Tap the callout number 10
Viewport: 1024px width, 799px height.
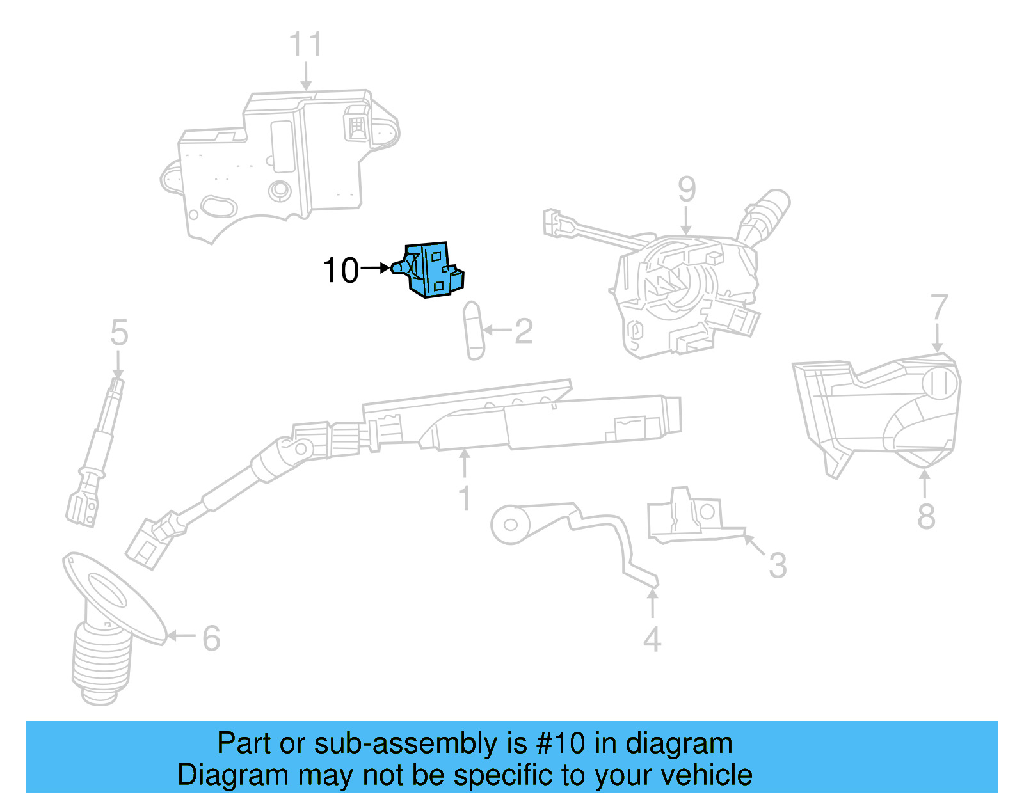click(340, 271)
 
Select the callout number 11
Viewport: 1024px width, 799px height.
click(305, 45)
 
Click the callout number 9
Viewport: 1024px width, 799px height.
click(686, 189)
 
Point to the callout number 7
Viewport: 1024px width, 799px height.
click(938, 308)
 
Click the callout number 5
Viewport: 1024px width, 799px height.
click(119, 333)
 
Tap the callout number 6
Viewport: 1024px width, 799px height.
click(211, 638)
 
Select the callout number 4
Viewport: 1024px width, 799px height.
click(652, 639)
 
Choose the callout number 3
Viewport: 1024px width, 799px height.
click(778, 566)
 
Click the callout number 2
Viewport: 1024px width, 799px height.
click(524, 331)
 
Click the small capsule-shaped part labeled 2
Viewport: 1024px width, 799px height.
click(474, 330)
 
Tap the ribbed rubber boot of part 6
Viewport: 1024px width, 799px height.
click(101, 662)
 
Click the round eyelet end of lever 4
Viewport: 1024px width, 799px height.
click(509, 525)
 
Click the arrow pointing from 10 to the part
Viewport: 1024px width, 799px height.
click(376, 269)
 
